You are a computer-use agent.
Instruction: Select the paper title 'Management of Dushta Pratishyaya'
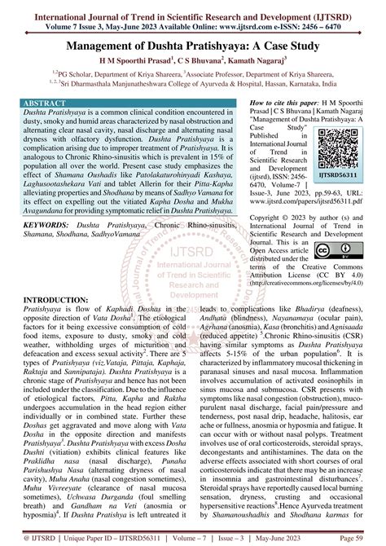tap(193, 46)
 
